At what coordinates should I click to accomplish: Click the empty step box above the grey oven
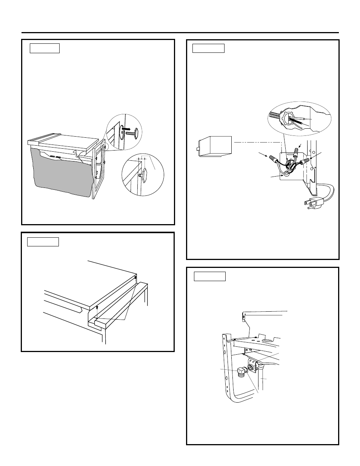pyautogui.click(x=45, y=48)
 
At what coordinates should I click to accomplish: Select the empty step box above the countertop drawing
pyautogui.click(x=43, y=241)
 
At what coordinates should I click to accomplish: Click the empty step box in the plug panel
pyautogui.click(x=208, y=48)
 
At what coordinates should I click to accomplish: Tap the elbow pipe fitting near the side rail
pyautogui.click(x=242, y=373)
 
